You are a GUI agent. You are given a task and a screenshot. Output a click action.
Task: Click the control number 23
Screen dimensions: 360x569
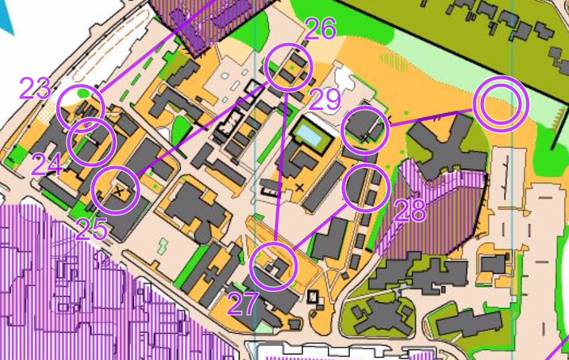click(34, 89)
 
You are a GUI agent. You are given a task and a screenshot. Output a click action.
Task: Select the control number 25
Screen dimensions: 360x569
click(92, 230)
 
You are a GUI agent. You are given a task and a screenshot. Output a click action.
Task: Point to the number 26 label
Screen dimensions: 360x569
click(321, 29)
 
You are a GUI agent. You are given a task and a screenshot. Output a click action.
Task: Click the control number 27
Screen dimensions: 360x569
click(242, 304)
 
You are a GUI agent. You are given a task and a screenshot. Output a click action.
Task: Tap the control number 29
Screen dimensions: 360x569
click(324, 99)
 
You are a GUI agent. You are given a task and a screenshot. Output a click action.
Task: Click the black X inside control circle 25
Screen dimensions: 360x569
click(118, 191)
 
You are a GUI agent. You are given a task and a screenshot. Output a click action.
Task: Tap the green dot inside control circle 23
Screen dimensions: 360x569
click(84, 94)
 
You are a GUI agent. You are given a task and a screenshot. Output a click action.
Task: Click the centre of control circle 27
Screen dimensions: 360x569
click(273, 267)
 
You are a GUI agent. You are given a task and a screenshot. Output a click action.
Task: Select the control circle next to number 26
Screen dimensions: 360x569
click(288, 67)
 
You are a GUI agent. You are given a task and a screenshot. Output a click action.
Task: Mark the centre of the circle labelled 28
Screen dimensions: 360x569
click(366, 187)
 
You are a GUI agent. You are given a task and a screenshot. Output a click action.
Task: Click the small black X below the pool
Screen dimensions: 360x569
click(300, 186)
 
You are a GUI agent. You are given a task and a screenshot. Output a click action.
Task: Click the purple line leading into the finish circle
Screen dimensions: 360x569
click(431, 117)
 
